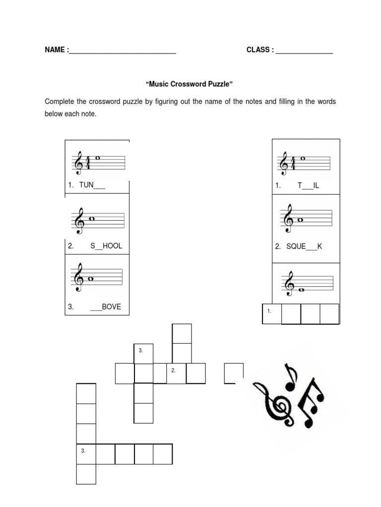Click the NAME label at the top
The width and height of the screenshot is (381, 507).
click(x=55, y=50)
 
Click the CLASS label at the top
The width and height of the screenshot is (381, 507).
click(x=258, y=50)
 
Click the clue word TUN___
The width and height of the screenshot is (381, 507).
click(x=92, y=186)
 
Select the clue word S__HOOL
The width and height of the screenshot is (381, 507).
click(x=106, y=246)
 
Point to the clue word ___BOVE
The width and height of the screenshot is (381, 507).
click(x=105, y=307)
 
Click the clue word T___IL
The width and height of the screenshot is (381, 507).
click(x=308, y=186)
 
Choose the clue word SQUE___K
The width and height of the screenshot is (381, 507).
click(x=304, y=246)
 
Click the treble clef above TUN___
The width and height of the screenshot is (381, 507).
click(x=78, y=162)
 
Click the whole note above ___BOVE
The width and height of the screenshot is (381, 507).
click(x=91, y=278)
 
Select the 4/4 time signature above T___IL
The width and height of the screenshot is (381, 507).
click(x=293, y=163)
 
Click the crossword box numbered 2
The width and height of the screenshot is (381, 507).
click(x=176, y=373)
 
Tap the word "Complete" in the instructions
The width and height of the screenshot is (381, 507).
click(x=60, y=101)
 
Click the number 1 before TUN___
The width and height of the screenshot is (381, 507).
click(x=70, y=186)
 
